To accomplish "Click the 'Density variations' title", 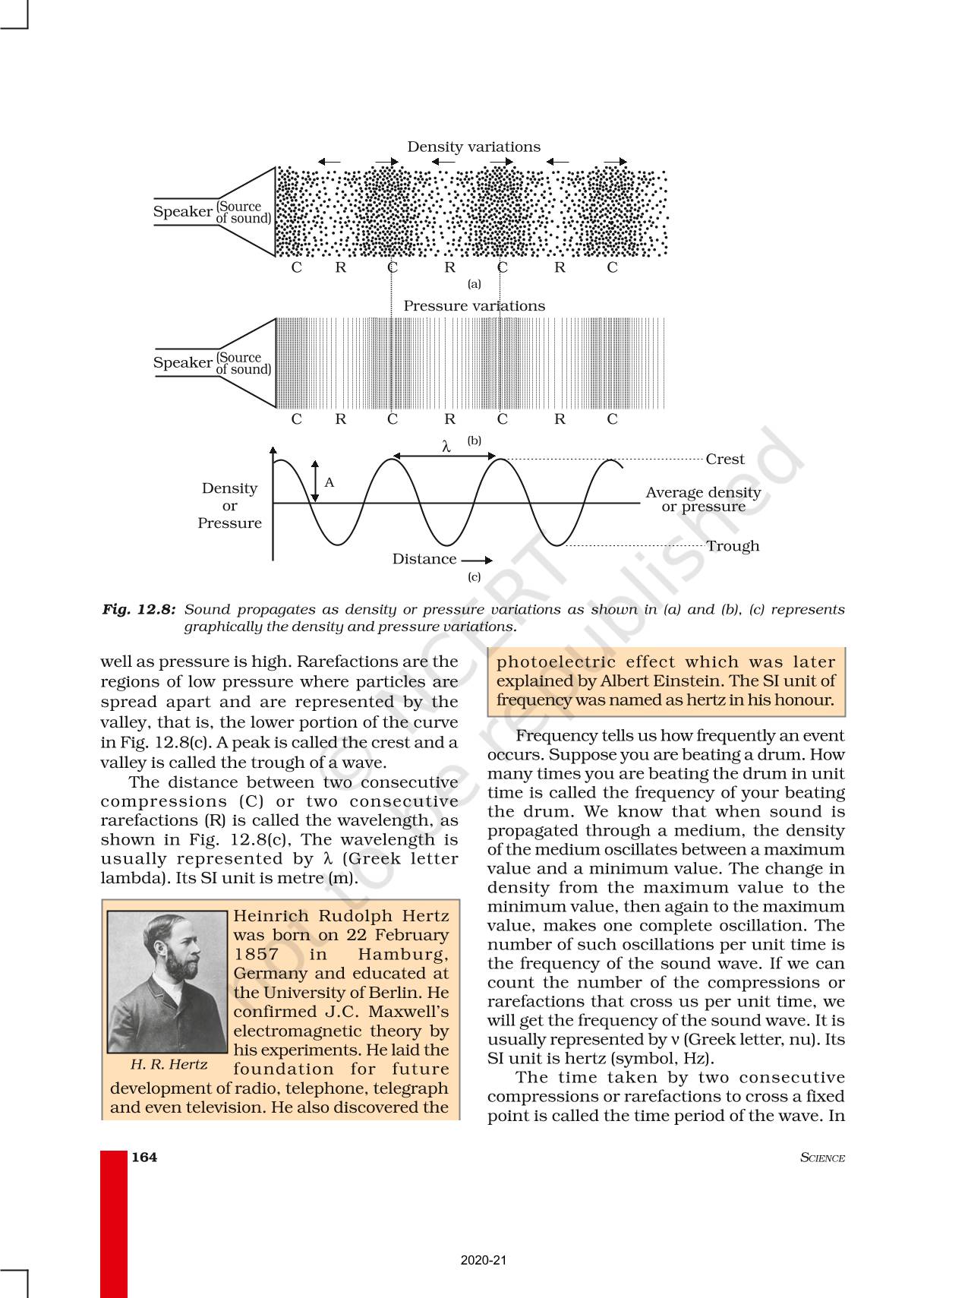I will click(474, 147).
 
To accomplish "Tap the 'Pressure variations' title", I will click(474, 305).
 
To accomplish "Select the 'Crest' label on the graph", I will click(724, 459).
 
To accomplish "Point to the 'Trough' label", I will click(732, 545).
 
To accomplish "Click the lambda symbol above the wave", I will click(446, 447).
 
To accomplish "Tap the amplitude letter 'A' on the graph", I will click(329, 482).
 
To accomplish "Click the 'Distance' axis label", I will click(424, 559).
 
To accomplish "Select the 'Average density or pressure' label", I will click(703, 499).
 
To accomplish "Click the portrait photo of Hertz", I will click(167, 981).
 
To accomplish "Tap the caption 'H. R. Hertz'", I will click(169, 1064).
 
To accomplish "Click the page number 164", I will click(144, 1157).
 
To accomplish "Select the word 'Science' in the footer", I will click(822, 1157).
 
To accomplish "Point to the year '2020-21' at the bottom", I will click(484, 1260).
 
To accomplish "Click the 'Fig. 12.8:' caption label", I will click(139, 609).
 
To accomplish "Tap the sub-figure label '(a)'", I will click(474, 284).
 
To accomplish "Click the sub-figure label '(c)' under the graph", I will click(474, 576).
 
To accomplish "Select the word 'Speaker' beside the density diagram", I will click(182, 211).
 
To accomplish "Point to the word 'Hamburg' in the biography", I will click(402, 954).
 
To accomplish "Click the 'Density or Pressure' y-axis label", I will click(229, 505).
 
